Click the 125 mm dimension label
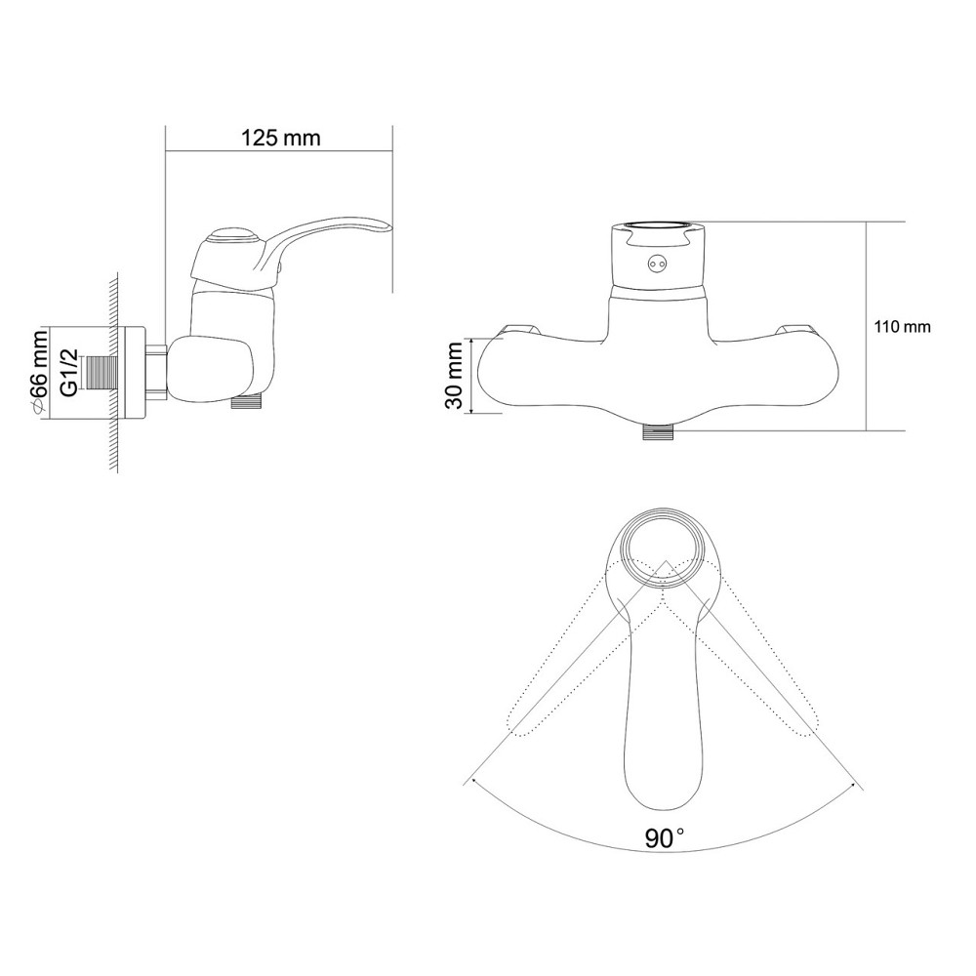coord(280,139)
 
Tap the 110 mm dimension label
coord(903,327)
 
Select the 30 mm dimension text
coord(456,376)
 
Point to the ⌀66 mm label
coord(39,372)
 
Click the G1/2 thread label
coord(69,372)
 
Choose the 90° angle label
coord(664,837)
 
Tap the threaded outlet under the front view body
coord(659,431)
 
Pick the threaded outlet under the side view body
coord(247,402)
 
